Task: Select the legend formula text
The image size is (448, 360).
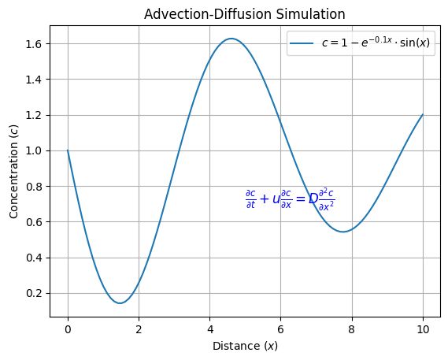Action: pyautogui.click(x=375, y=43)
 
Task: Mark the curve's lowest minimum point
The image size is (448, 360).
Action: pyautogui.click(x=119, y=302)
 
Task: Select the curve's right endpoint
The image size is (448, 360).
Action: pyautogui.click(x=423, y=114)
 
